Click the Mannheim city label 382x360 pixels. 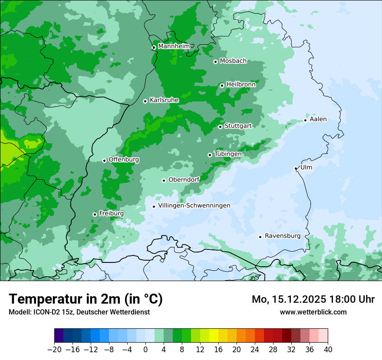point(174,46)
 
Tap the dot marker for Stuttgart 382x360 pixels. point(221,127)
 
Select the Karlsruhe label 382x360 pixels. point(164,100)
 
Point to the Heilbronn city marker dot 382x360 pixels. point(222,85)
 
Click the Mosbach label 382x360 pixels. point(233,61)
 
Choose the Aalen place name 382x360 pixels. point(318,119)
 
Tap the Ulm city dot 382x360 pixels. point(296,168)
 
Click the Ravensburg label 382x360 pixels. point(283,236)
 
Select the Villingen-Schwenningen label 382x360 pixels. point(194,205)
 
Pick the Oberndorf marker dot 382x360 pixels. point(164,180)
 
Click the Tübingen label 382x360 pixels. point(228,154)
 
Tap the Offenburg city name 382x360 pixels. point(124,159)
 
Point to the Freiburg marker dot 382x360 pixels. point(95,214)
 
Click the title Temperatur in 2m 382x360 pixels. point(86,299)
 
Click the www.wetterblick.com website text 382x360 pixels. point(313,312)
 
